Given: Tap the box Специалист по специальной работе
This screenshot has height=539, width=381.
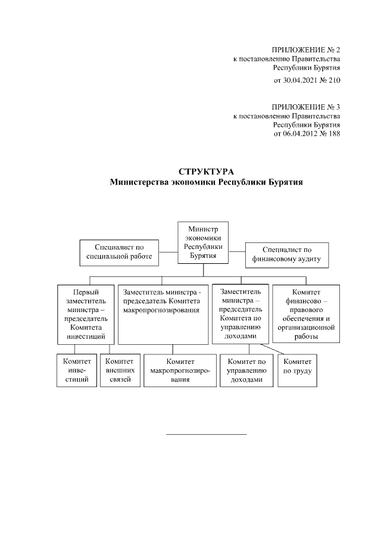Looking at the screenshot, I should click(x=120, y=252).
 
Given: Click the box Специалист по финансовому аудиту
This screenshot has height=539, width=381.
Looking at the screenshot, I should click(x=288, y=254).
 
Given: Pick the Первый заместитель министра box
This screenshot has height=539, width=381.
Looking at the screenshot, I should click(x=86, y=314).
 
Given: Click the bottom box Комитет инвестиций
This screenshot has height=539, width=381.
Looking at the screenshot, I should click(x=76, y=370).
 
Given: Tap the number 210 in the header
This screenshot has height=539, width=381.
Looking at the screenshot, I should click(x=333, y=79).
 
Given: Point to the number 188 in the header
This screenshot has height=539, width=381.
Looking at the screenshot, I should click(x=333, y=134).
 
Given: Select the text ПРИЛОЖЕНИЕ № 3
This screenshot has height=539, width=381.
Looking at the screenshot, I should click(x=305, y=107).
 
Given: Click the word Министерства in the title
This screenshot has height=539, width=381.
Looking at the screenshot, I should click(x=141, y=183).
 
